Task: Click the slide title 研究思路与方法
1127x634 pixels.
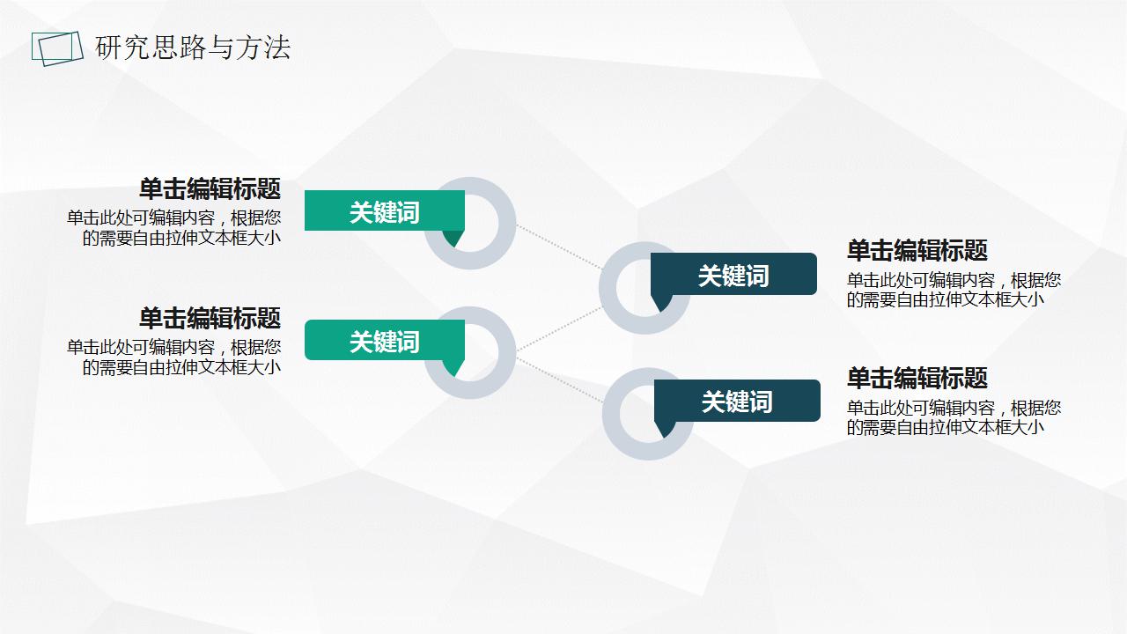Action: click(x=193, y=48)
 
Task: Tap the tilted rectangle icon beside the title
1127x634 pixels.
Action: click(x=52, y=48)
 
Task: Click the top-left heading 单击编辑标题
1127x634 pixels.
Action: click(x=210, y=188)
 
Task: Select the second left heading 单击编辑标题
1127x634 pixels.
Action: click(x=210, y=318)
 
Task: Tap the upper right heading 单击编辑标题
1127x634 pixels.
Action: click(x=917, y=250)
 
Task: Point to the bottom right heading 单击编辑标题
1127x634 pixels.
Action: click(x=917, y=378)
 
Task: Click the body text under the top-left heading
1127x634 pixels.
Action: click(x=173, y=227)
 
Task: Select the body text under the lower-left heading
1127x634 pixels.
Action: click(x=173, y=357)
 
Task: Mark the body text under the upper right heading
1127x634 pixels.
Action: click(x=954, y=290)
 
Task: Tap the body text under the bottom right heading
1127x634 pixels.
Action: click(x=954, y=417)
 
